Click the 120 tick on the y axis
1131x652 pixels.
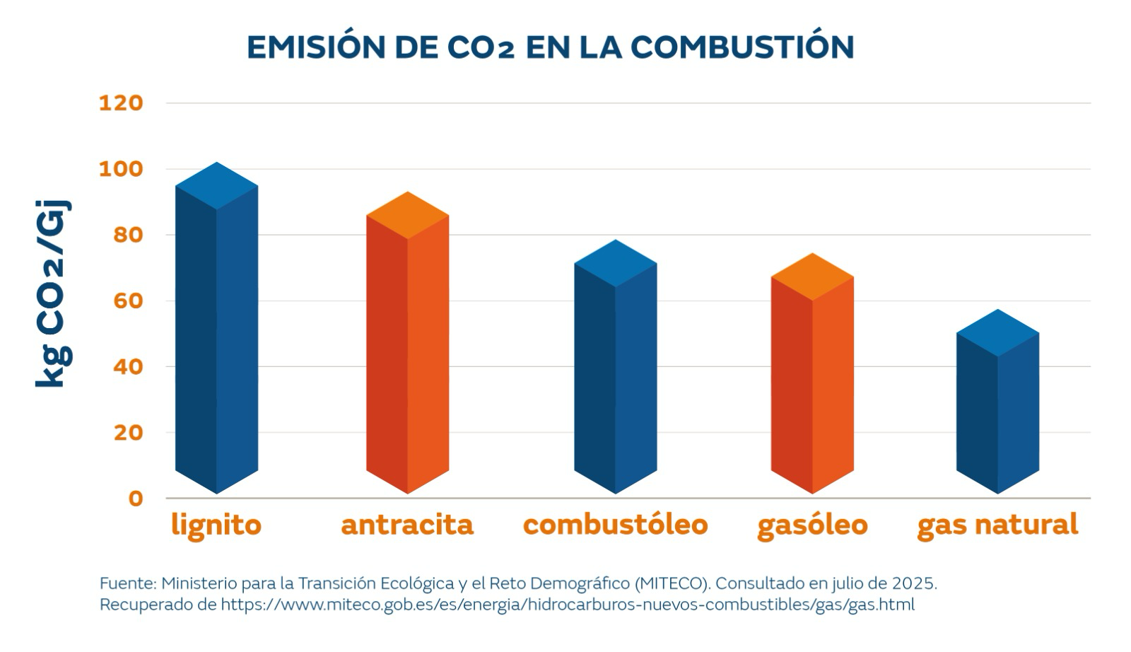pyautogui.click(x=121, y=103)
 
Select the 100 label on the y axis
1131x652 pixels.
pyautogui.click(x=121, y=169)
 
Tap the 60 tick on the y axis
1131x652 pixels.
pyautogui.click(x=128, y=301)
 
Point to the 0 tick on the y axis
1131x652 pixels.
pyautogui.click(x=135, y=499)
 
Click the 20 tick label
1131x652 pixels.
pyautogui.click(x=128, y=433)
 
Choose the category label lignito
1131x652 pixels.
pyautogui.click(x=216, y=525)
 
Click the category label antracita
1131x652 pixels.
pyautogui.click(x=407, y=525)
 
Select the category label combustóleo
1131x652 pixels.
pyautogui.click(x=615, y=525)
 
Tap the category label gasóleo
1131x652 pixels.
pyautogui.click(x=812, y=525)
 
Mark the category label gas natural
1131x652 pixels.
pyautogui.click(x=997, y=525)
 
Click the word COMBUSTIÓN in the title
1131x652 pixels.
pyautogui.click(x=742, y=47)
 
